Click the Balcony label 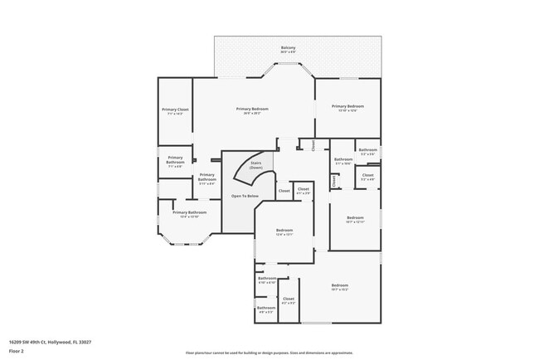click(x=288, y=49)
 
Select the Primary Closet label click(x=175, y=111)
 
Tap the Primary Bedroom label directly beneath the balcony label click(x=252, y=110)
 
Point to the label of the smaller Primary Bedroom click(x=347, y=108)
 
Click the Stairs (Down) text click(x=256, y=165)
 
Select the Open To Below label click(x=245, y=196)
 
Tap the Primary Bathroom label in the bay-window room click(x=183, y=214)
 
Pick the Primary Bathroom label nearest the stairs click(x=206, y=177)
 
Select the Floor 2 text click(x=17, y=351)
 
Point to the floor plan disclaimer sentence click(x=269, y=353)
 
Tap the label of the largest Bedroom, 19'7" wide click(x=340, y=287)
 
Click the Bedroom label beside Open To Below click(x=284, y=231)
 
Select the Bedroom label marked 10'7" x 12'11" click(x=355, y=220)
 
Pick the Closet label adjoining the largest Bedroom click(x=289, y=300)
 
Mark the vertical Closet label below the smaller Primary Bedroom click(x=313, y=145)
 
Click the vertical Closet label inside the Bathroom click(x=334, y=180)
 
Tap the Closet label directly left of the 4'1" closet click(x=284, y=191)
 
